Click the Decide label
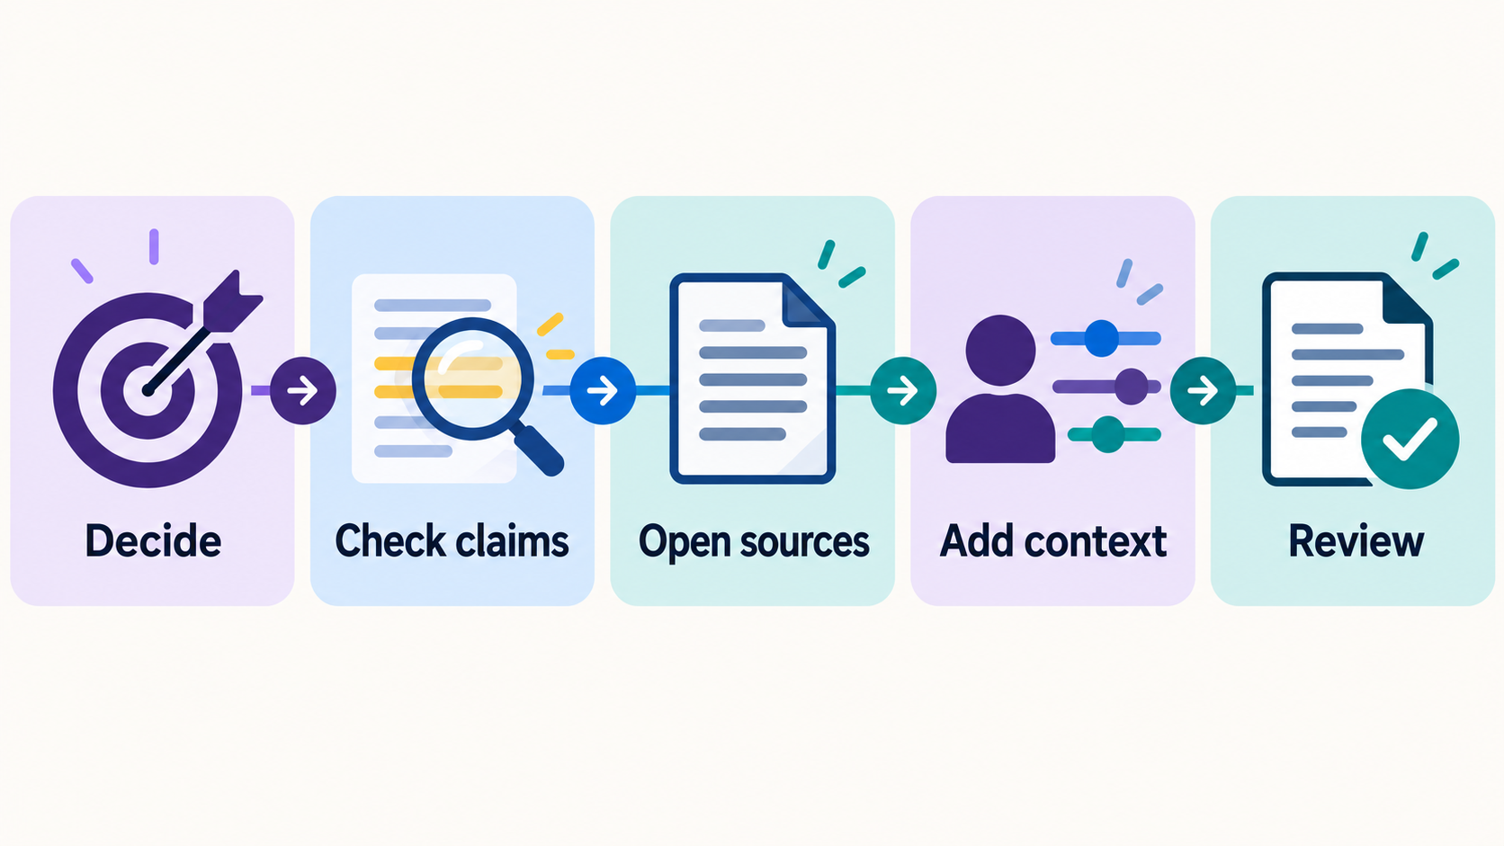click(153, 540)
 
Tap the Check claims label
click(452, 540)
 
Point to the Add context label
click(1052, 540)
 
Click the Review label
click(1356, 540)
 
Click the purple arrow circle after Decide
click(303, 390)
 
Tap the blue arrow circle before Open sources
click(603, 390)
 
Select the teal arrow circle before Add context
click(903, 390)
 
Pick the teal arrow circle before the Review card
click(1204, 390)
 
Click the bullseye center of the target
click(148, 390)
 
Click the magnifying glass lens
click(472, 378)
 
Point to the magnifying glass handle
click(539, 450)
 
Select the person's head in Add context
click(1000, 351)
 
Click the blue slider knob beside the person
click(1102, 338)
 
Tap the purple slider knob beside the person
click(1132, 387)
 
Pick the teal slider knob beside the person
click(1108, 434)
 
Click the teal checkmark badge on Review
click(1410, 439)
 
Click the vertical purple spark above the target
click(154, 246)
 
